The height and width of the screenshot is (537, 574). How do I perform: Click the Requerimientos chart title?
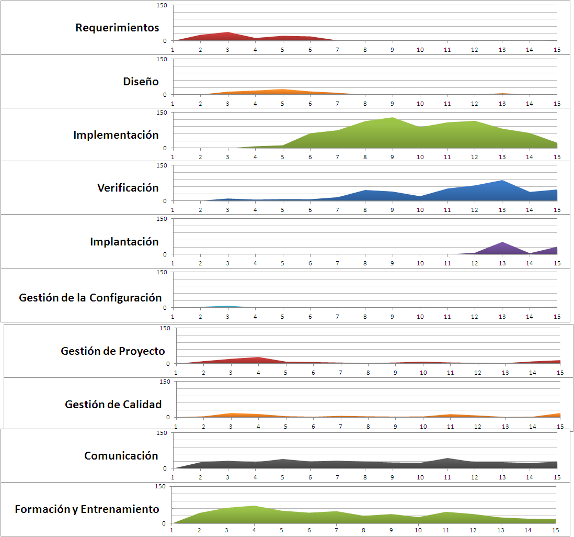click(x=117, y=28)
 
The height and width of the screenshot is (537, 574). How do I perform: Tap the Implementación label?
click(x=116, y=135)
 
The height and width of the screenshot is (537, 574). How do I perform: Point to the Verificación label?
click(x=128, y=188)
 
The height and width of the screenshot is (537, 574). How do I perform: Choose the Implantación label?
click(x=124, y=242)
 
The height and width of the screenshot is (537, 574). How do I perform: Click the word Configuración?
click(x=125, y=298)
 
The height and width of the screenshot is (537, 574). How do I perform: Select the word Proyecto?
click(x=143, y=351)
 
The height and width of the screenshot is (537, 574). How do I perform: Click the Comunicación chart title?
click(x=121, y=456)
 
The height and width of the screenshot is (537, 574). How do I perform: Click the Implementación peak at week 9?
click(x=392, y=118)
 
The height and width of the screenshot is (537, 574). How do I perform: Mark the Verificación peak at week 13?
click(x=502, y=181)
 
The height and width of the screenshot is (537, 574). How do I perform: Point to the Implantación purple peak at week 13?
click(x=502, y=242)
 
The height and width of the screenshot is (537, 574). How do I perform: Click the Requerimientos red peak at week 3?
click(x=227, y=32)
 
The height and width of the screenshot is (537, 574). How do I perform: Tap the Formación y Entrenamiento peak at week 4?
click(x=255, y=506)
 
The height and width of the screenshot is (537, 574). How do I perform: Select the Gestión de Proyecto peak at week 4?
click(x=258, y=357)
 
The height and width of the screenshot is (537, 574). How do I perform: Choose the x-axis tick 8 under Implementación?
click(x=364, y=156)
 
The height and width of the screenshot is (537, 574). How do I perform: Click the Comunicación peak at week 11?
click(x=447, y=458)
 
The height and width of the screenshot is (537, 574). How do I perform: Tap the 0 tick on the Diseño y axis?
click(x=165, y=95)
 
